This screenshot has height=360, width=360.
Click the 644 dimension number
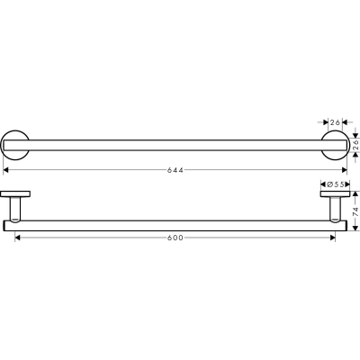coord(175,170)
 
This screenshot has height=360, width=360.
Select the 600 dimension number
coord(175,238)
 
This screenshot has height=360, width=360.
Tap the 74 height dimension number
coord(355,211)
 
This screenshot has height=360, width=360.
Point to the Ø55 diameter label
coord(335,184)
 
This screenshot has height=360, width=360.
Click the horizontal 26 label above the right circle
coord(335,122)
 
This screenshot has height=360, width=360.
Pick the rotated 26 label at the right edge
coord(355,145)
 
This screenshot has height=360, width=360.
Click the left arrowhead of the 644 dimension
coord(5,170)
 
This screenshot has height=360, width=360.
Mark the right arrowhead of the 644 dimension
coord(345,170)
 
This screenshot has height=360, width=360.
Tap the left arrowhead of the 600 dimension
coord(17,238)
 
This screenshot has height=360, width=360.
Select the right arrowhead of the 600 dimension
coord(333,238)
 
